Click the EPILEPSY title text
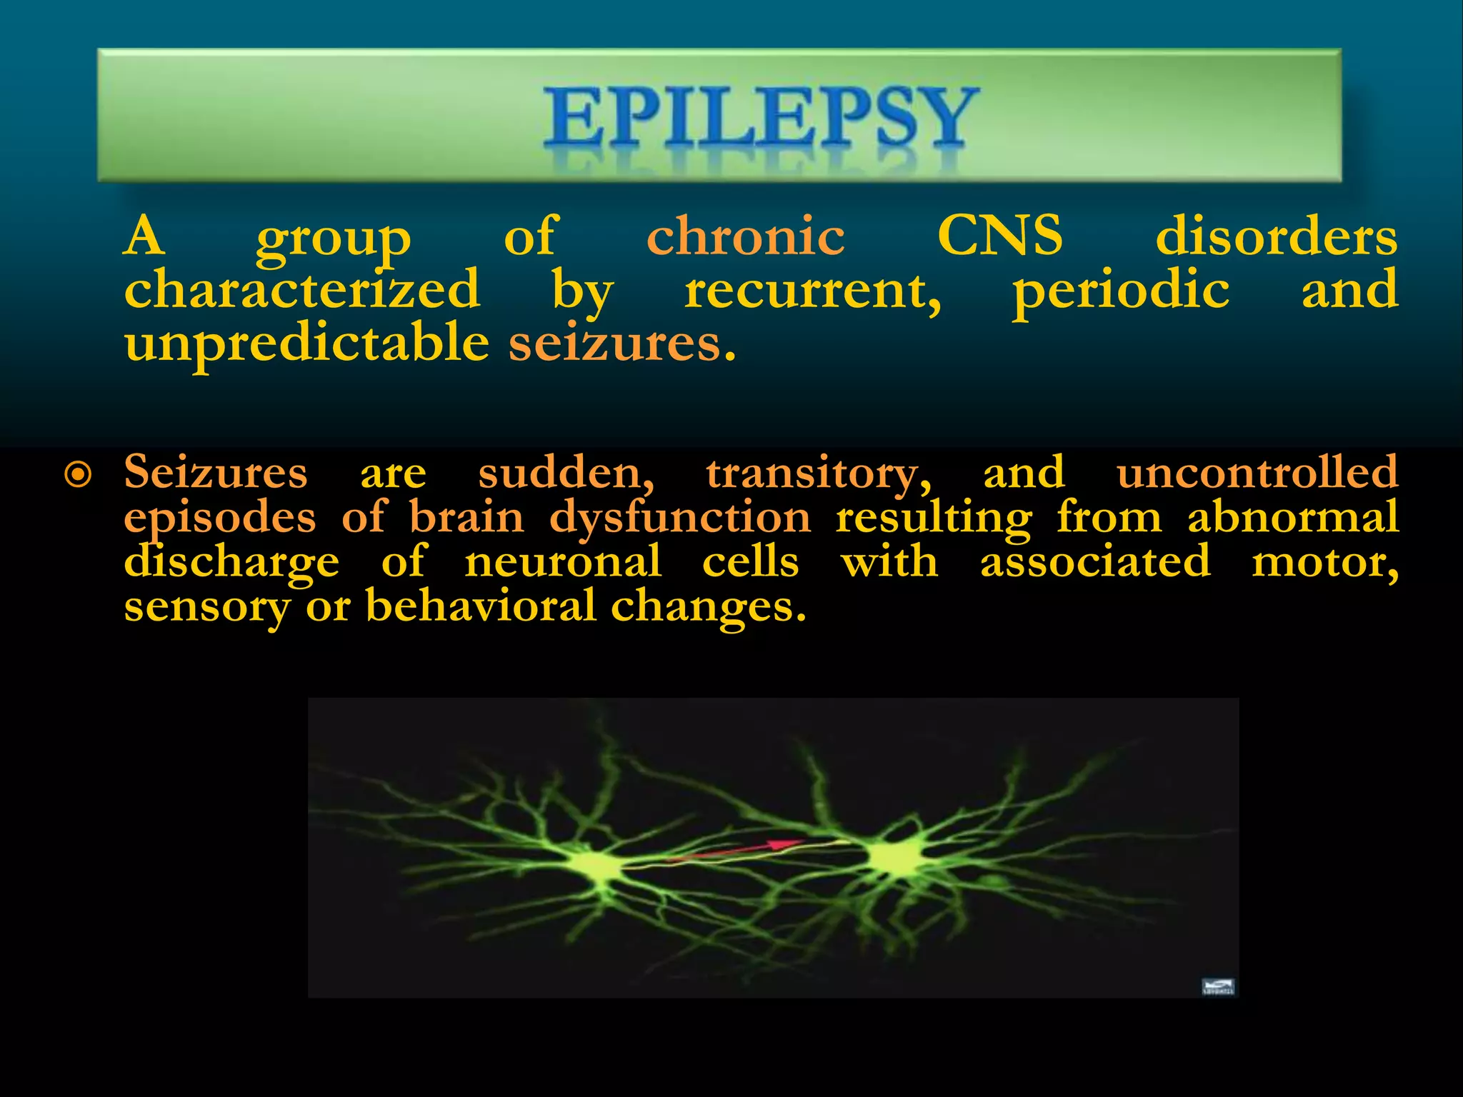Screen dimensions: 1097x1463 pyautogui.click(x=760, y=118)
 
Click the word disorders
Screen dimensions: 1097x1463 pyautogui.click(x=1276, y=237)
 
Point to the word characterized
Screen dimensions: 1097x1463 pyautogui.click(x=301, y=289)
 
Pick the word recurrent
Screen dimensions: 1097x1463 pyautogui.click(x=812, y=291)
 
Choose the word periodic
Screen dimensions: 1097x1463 pyautogui.click(x=1121, y=291)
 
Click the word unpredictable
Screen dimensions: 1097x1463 pyautogui.click(x=306, y=344)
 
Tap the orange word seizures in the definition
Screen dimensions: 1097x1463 pyautogui.click(x=621, y=344)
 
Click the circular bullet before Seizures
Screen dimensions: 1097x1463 pyautogui.click(x=78, y=474)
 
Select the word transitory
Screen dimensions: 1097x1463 pyautogui.click(x=819, y=473)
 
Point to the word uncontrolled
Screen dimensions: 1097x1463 pyautogui.click(x=1257, y=472)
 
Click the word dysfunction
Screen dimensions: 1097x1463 pyautogui.click(x=680, y=517)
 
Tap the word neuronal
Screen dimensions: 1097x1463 pyautogui.click(x=563, y=561)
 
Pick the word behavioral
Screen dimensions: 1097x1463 pyautogui.click(x=481, y=606)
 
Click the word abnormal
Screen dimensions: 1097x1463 pyautogui.click(x=1293, y=516)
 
